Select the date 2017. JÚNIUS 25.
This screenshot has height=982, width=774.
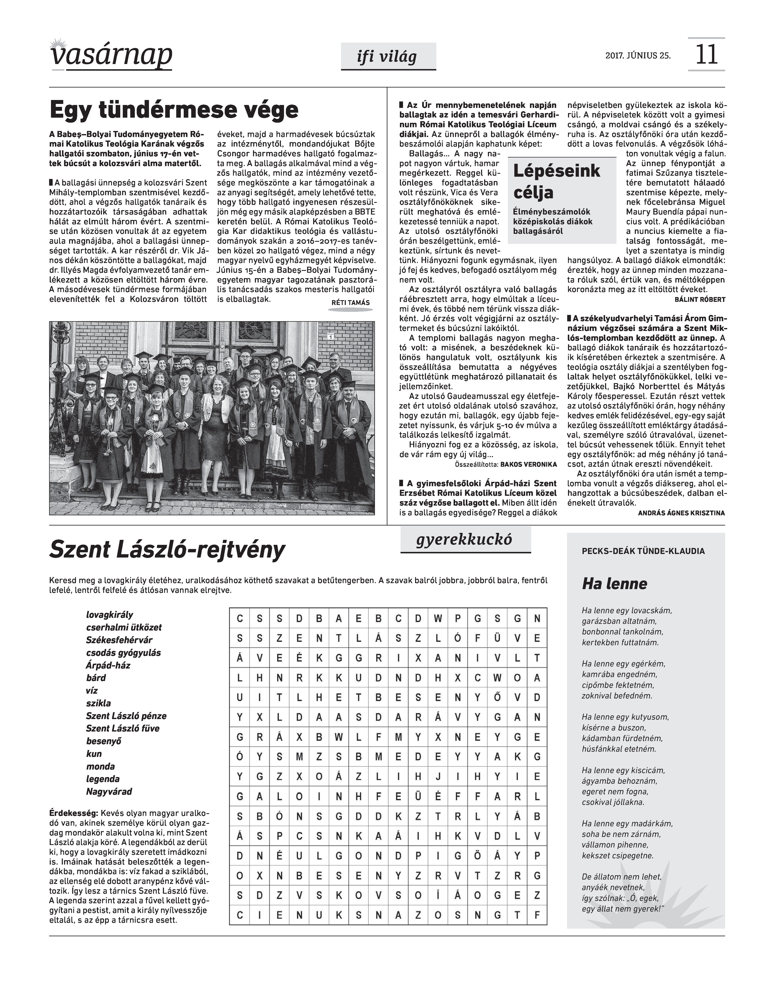[x=638, y=56]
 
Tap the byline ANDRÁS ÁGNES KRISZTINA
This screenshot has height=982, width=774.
[x=681, y=513]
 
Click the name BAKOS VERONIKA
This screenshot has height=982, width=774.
[x=528, y=465]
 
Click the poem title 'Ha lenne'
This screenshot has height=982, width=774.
[x=614, y=584]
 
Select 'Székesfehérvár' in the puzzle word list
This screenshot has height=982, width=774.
[x=119, y=640]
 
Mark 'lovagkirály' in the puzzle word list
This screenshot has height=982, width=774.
[x=110, y=614]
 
